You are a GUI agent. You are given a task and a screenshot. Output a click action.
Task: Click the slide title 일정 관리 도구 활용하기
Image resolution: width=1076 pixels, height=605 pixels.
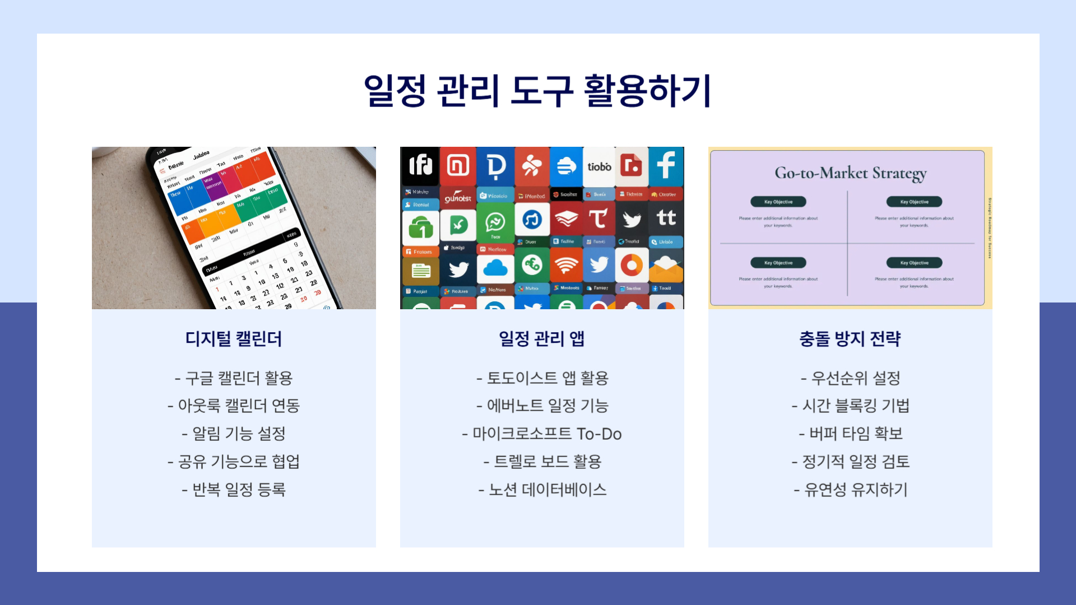pyautogui.click(x=537, y=91)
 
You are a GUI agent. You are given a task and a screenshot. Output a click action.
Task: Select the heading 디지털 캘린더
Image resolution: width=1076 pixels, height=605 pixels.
pyautogui.click(x=234, y=339)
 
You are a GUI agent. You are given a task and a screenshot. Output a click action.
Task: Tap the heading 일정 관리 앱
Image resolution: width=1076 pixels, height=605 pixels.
pyautogui.click(x=542, y=339)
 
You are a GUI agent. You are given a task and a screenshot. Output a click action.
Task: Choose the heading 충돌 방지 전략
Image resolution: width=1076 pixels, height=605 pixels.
pyautogui.click(x=850, y=339)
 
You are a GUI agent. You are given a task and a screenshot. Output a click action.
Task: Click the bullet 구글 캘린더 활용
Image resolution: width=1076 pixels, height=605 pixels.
pyautogui.click(x=234, y=378)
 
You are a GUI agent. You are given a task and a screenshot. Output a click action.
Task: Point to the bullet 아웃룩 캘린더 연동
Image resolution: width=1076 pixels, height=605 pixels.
pyautogui.click(x=234, y=406)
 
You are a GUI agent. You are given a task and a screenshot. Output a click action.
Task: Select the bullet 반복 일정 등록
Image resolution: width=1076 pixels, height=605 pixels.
pyautogui.click(x=234, y=490)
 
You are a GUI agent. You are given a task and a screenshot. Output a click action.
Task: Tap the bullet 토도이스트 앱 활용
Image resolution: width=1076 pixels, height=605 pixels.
pyautogui.click(x=542, y=378)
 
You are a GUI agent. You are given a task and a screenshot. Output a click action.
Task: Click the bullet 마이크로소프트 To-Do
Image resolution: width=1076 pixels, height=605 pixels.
pyautogui.click(x=542, y=434)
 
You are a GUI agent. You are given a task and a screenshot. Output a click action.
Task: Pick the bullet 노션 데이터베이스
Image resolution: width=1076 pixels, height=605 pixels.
pyautogui.click(x=542, y=490)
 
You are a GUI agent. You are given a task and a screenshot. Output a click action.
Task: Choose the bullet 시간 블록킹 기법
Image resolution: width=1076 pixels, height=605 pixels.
pyautogui.click(x=850, y=406)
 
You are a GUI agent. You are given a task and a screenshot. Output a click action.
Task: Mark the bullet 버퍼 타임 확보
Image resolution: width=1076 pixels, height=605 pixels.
pyautogui.click(x=850, y=434)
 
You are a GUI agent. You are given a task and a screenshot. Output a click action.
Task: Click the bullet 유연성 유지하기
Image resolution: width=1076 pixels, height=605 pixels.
pyautogui.click(x=850, y=490)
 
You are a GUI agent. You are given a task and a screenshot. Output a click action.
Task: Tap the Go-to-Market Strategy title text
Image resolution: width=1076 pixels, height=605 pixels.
pyautogui.click(x=850, y=173)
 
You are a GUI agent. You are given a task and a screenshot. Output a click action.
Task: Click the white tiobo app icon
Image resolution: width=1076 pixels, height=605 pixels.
pyautogui.click(x=599, y=166)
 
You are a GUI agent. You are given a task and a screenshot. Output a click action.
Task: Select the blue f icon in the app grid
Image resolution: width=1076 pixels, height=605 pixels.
pyautogui.click(x=666, y=166)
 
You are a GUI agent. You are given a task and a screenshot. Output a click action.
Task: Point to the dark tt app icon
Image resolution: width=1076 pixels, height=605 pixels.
pyautogui.click(x=666, y=218)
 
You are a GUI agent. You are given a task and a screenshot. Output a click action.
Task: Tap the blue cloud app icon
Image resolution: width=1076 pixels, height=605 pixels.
pyautogui.click(x=495, y=268)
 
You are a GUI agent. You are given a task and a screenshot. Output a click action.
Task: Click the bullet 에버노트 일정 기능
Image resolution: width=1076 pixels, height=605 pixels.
pyautogui.click(x=542, y=406)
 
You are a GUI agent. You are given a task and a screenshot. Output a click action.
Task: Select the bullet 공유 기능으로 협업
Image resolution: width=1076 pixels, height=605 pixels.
pyautogui.click(x=234, y=462)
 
